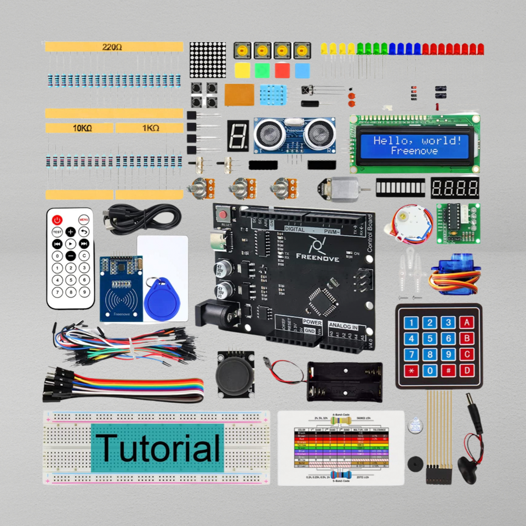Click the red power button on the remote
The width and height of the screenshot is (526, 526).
point(56,219)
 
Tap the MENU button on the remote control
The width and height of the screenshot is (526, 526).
point(84,219)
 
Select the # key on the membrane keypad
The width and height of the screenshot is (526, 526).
point(448,370)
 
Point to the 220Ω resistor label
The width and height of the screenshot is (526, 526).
point(113,47)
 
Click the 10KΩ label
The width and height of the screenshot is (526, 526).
point(79,128)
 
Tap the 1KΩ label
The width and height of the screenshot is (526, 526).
point(149,128)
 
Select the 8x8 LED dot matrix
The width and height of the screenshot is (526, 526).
point(208,60)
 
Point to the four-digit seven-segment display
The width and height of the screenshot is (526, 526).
point(454,188)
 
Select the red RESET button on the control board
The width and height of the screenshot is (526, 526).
point(224,214)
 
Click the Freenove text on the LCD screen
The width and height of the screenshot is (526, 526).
point(414,151)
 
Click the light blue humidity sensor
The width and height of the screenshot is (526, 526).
point(276,96)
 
